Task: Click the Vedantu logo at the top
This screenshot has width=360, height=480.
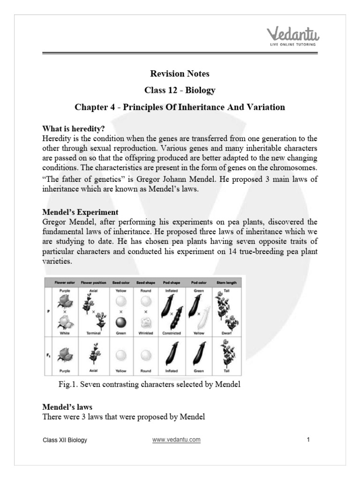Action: [291, 36]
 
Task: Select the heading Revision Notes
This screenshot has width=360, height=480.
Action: [180, 74]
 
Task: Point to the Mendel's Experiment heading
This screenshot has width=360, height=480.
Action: [80, 212]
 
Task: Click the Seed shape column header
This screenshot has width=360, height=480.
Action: [146, 283]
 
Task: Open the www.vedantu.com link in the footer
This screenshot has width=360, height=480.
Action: [176, 440]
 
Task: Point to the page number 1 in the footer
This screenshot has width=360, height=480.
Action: [308, 440]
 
